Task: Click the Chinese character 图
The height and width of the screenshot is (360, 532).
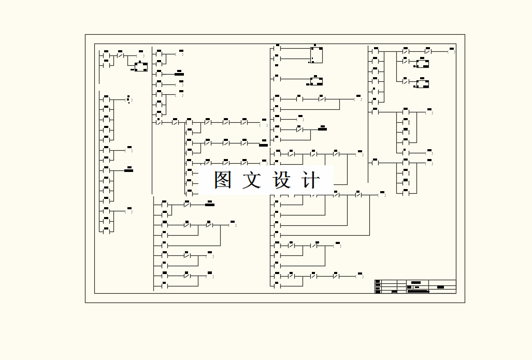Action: pos(223,180)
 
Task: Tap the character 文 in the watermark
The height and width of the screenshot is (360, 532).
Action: pos(252,180)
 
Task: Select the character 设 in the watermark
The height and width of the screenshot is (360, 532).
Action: pos(281,180)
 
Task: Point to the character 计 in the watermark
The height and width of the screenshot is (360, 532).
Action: pos(310,180)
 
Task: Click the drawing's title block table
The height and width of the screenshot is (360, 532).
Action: pos(415,286)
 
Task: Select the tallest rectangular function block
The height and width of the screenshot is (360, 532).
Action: pos(316,55)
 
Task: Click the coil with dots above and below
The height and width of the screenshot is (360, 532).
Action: pos(129,99)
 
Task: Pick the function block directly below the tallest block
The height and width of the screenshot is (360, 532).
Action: pos(316,81)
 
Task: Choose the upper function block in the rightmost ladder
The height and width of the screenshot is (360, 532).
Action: pos(423,64)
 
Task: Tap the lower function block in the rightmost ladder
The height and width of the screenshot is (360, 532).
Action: pos(423,84)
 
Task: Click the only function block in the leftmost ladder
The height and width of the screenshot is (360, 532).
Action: pos(141,67)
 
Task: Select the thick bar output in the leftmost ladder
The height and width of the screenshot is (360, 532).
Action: pos(129,170)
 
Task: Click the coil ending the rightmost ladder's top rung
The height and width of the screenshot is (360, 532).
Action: pos(451,52)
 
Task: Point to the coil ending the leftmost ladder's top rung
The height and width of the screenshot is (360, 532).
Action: pos(140,55)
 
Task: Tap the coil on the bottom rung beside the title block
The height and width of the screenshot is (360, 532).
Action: pos(360,276)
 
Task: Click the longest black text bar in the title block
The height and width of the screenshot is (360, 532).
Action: pos(419,292)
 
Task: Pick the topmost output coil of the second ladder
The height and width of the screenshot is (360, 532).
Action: pos(180,53)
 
